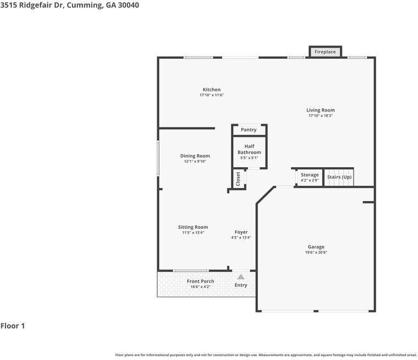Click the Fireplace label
(x=325, y=52)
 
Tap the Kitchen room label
(x=212, y=90)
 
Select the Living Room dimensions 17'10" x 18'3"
(x=321, y=115)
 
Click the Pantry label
(x=249, y=130)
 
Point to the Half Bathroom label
(x=249, y=149)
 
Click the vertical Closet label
(x=238, y=179)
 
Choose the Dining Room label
(x=195, y=156)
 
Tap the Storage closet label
(x=310, y=175)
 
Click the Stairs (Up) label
(x=339, y=177)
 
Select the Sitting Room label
(x=193, y=227)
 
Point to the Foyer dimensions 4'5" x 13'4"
(x=241, y=237)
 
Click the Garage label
(x=316, y=247)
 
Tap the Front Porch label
(x=200, y=281)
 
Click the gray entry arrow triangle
(x=241, y=277)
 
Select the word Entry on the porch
(x=241, y=285)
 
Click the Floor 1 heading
(x=13, y=326)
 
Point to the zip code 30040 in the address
(x=129, y=5)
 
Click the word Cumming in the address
(x=85, y=5)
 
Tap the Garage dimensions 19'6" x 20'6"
(x=316, y=252)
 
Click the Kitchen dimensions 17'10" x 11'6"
(x=212, y=95)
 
